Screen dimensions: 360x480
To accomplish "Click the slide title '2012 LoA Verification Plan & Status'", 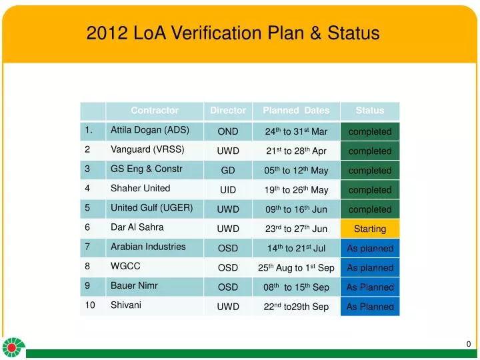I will click(233, 33).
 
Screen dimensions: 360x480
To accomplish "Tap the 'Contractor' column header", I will click(155, 111).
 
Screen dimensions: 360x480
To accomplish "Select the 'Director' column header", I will click(228, 111).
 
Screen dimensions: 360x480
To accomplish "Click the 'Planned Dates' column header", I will click(296, 111).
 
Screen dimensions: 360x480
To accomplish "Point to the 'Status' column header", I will click(370, 111).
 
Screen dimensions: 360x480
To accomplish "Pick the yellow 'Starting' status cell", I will click(370, 229).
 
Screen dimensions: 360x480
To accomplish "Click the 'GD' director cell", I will click(228, 171).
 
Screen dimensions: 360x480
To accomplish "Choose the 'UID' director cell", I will click(228, 190).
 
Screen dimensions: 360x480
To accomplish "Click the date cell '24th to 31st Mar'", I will click(296, 131).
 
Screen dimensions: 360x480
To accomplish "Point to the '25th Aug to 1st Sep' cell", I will click(296, 268).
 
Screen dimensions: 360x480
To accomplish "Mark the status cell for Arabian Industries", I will click(370, 249).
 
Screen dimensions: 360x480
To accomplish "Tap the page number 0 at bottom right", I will click(469, 344).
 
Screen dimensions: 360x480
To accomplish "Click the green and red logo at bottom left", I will click(13, 347).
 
